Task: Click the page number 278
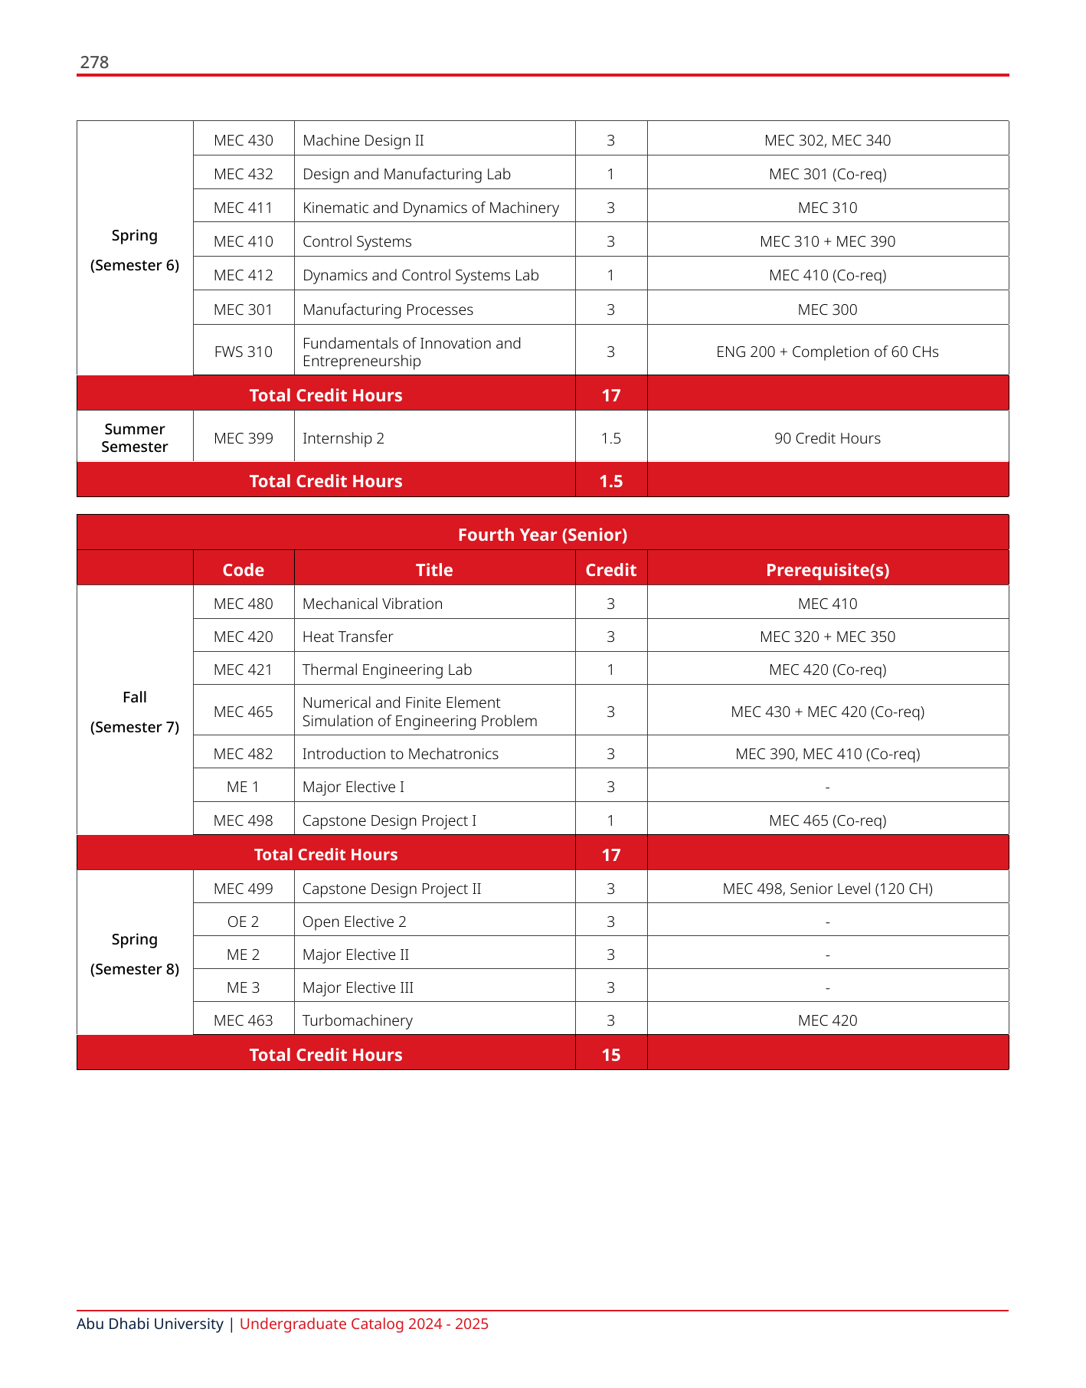[x=94, y=62]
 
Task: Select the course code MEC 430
[x=244, y=140]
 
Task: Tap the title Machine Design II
[x=363, y=140]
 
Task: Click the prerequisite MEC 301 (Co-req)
[x=827, y=174]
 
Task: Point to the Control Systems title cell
[x=357, y=241]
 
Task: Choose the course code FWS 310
[x=244, y=352]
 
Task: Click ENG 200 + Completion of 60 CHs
[x=827, y=352]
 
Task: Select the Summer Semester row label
[x=135, y=437]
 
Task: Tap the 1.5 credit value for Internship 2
[x=610, y=438]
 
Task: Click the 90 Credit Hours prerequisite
[x=827, y=438]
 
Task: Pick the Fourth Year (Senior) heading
[x=542, y=535]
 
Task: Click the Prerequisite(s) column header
[x=827, y=570]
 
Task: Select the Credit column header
[x=610, y=570]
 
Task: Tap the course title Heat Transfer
[x=348, y=637]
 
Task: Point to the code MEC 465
[x=244, y=712]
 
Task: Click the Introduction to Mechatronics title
[x=400, y=754]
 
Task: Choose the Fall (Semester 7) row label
[x=135, y=712]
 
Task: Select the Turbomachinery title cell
[x=357, y=1020]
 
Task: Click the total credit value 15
[x=610, y=1055]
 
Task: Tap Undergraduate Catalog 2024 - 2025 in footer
[x=364, y=1324]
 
